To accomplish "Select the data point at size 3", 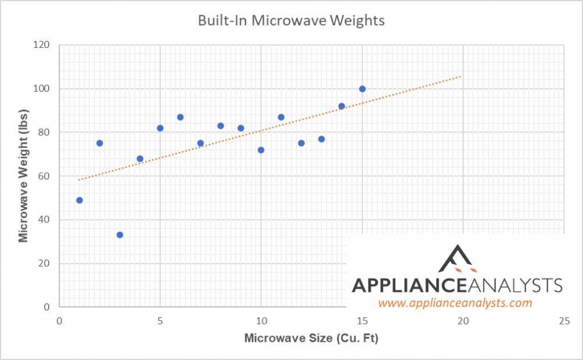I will point(120,235).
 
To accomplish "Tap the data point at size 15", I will point(362,89).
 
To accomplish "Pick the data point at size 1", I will point(79,200).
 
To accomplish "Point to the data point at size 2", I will point(100,143).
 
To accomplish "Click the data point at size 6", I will point(180,117).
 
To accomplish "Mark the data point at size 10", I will point(261,150).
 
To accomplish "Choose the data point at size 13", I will point(321,139).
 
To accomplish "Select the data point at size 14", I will point(342,106).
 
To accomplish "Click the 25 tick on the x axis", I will point(564,321).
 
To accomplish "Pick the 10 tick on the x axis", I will point(261,321).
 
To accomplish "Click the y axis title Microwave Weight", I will point(23,176).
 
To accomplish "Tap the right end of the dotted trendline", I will point(462,76).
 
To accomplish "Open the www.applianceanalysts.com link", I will point(455,303).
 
